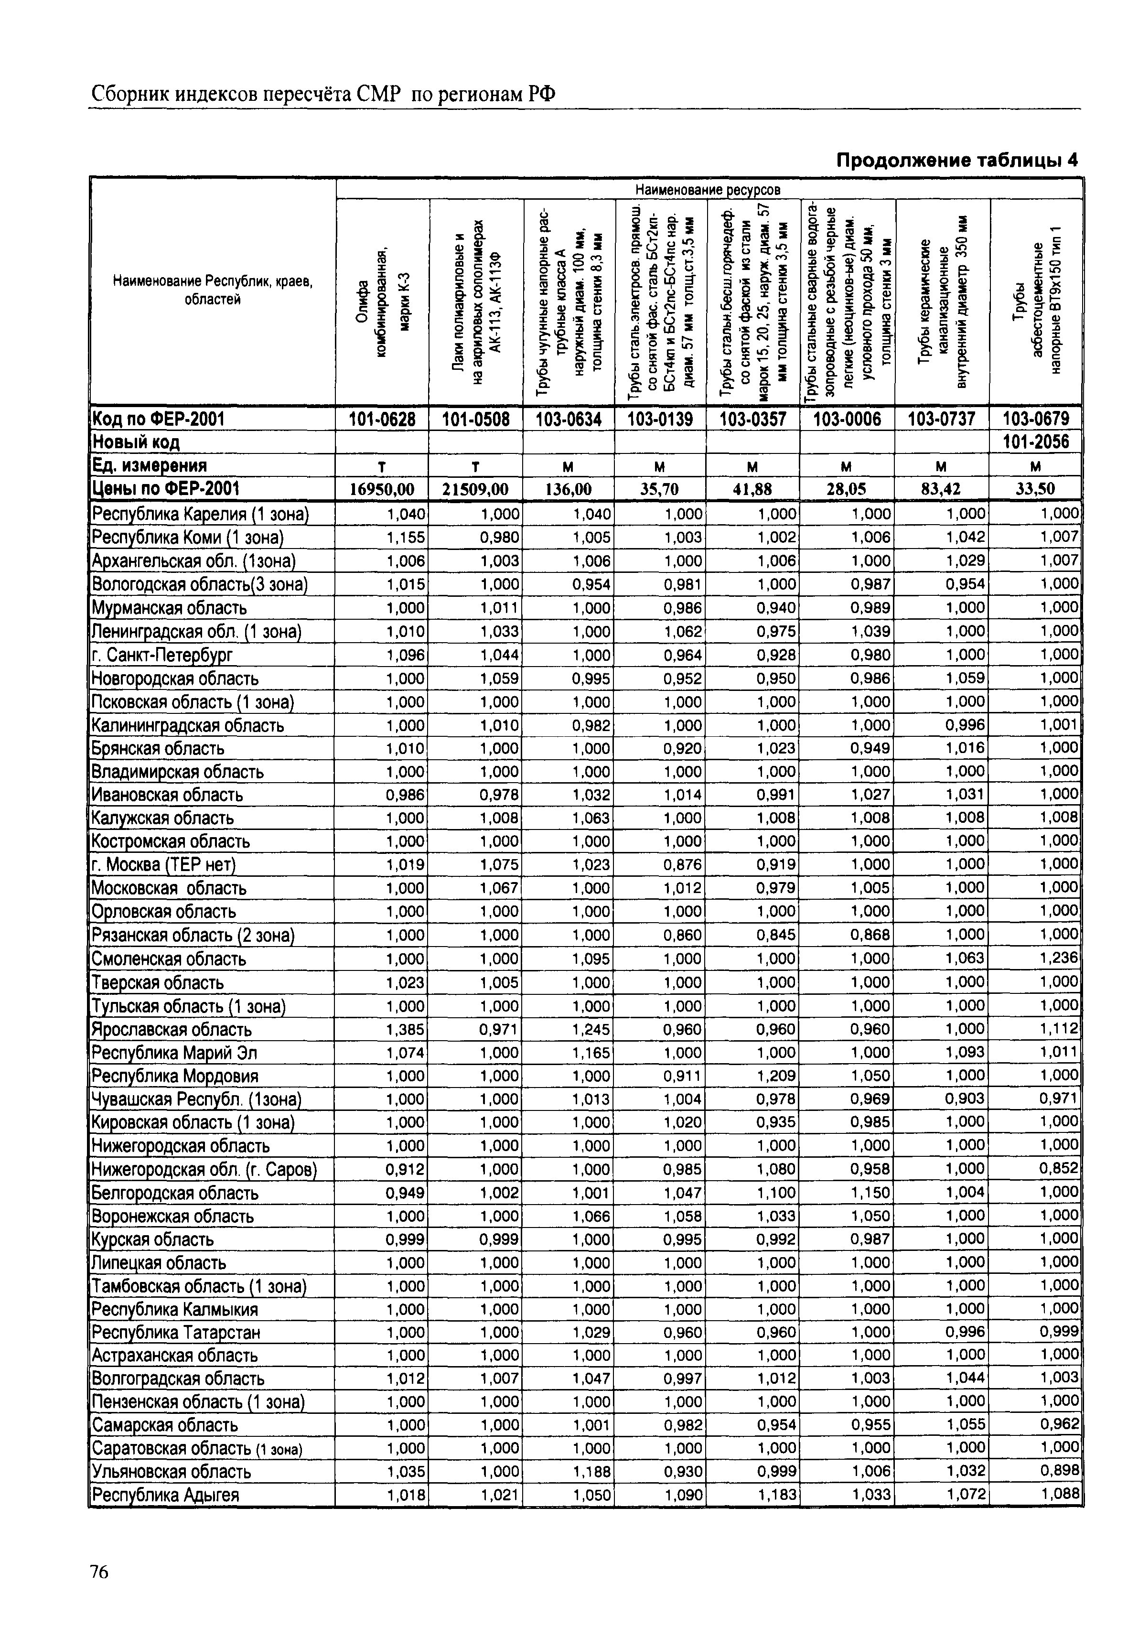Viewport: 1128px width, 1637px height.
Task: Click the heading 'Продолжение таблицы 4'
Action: [x=957, y=161]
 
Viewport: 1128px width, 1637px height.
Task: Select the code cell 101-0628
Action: [x=382, y=419]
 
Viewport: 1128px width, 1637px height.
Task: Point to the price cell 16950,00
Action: [x=382, y=489]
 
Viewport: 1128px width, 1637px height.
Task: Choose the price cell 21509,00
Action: [x=476, y=489]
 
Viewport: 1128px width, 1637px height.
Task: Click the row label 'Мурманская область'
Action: [x=170, y=608]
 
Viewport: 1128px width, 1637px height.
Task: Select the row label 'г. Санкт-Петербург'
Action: [x=162, y=655]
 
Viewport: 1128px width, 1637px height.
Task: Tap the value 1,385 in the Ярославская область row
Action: [x=406, y=1029]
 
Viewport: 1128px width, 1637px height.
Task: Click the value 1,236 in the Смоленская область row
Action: [x=1059, y=958]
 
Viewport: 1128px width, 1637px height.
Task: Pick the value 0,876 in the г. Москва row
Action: [x=683, y=864]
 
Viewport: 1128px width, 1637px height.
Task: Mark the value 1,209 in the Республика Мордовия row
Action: [x=777, y=1076]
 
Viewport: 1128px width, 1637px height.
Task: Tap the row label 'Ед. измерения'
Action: [x=150, y=466]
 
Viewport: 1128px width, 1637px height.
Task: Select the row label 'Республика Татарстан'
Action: [x=177, y=1332]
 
